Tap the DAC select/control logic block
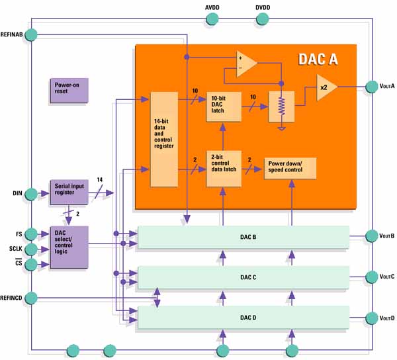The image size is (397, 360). point(68,246)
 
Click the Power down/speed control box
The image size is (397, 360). point(290,168)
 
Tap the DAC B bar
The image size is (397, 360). point(243,236)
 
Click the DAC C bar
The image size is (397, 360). point(243,277)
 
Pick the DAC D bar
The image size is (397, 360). point(243,318)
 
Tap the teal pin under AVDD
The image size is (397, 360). point(212,19)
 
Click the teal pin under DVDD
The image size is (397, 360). point(263,19)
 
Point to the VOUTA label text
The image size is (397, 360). point(387,86)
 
